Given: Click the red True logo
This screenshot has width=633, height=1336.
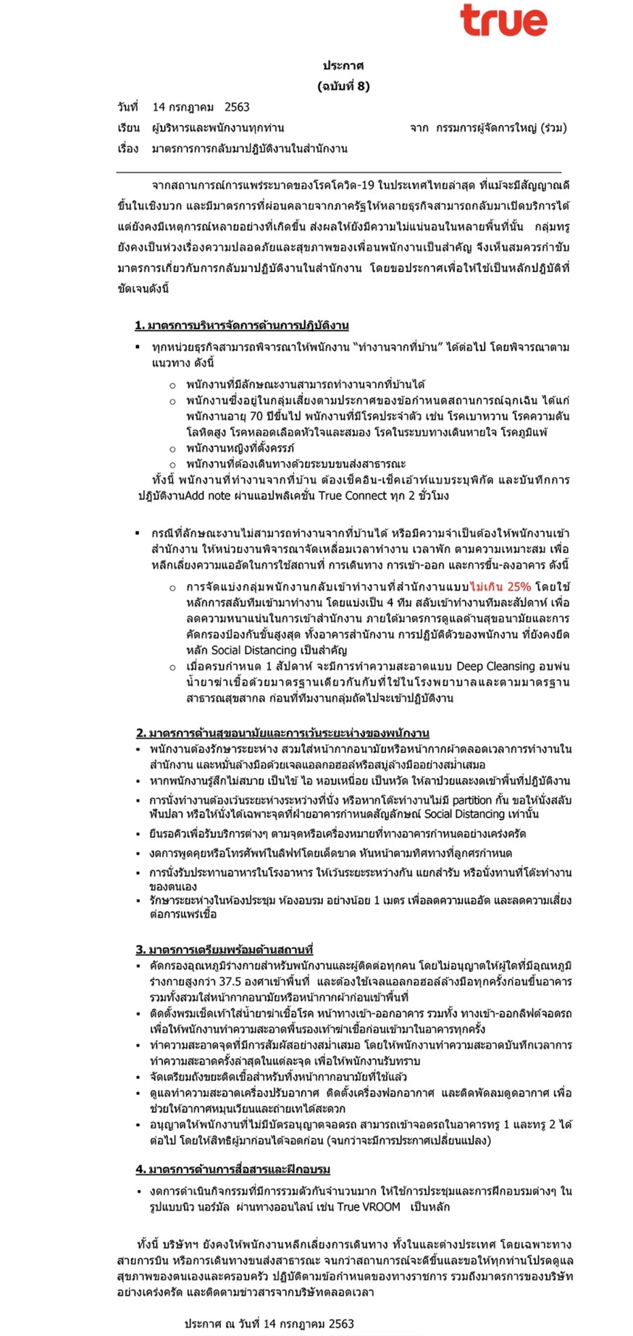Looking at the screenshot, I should (503, 20).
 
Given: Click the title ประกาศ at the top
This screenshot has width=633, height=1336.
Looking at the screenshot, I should (343, 66).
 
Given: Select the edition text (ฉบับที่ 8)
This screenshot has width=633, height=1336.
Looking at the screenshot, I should (343, 86).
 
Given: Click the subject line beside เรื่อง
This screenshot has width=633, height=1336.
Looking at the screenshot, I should (249, 149).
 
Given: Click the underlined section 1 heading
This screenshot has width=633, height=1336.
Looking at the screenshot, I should (242, 325).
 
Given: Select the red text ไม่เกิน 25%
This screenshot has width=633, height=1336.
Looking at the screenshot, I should (500, 587).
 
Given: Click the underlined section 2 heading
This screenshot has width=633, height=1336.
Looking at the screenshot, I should (282, 733).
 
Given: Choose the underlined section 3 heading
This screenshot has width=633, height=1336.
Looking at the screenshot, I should (224, 949).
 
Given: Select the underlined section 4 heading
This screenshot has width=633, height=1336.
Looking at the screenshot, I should (232, 1169).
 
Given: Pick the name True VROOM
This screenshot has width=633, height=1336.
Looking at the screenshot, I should (369, 1206).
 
